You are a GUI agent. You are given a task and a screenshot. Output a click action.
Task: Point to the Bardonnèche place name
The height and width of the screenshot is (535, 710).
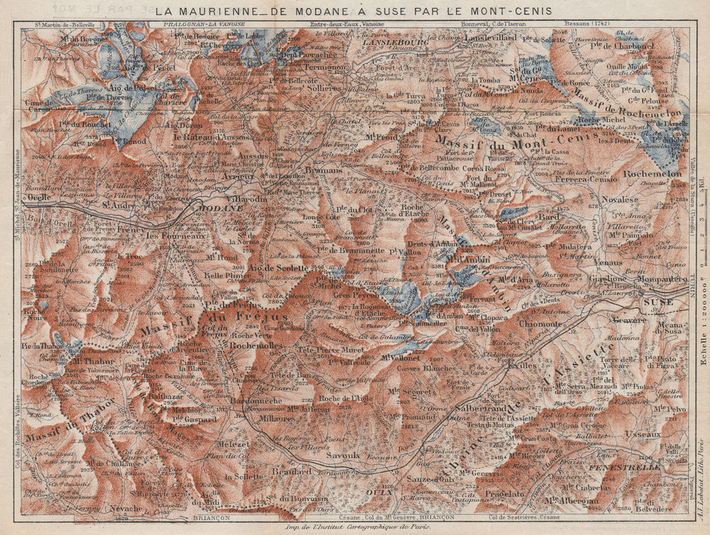258,400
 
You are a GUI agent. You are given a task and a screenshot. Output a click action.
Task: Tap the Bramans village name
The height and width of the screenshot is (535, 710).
326,171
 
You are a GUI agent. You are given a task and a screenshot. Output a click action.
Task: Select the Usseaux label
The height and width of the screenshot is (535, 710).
643,434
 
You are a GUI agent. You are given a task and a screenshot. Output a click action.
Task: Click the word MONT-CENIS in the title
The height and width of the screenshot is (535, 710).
510,11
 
